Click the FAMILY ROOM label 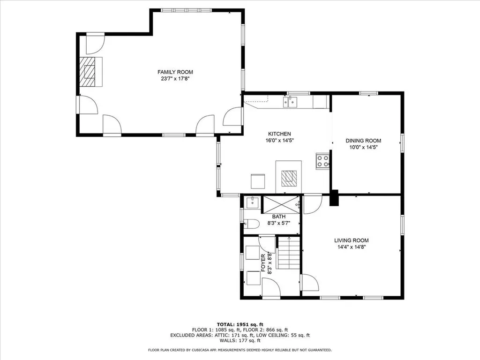175,72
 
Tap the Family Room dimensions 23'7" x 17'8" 175,79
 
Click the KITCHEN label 279,134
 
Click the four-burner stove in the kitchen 322,161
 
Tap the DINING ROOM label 363,141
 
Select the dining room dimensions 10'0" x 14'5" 363,147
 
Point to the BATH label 279,217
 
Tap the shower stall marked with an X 280,204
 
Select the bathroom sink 252,202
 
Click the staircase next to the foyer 289,254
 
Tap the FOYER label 263,263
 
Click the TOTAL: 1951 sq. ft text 240,324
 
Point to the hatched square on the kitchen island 289,179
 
